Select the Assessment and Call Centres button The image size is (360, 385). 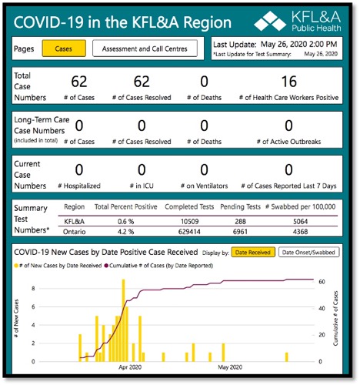145,49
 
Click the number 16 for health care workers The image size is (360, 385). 288,82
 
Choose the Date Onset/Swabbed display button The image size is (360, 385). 308,253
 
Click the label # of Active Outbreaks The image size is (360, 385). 288,142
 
